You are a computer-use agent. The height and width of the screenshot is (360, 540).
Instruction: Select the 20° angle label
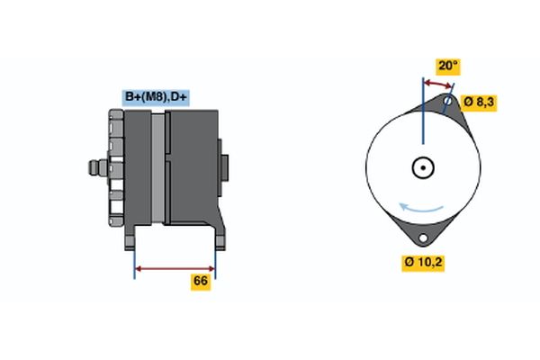tap(447, 66)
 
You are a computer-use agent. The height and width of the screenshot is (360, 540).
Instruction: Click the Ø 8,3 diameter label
tap(478, 102)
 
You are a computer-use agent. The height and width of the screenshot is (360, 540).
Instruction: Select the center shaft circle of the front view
tap(421, 167)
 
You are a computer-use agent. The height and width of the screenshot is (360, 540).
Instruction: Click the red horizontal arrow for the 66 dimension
tap(175, 267)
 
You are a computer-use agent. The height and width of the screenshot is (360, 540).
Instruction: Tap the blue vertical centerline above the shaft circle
tap(421, 117)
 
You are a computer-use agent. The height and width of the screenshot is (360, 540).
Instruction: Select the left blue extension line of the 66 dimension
tap(135, 261)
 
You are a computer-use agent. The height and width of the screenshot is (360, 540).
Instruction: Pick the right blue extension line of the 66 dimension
tap(215, 261)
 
